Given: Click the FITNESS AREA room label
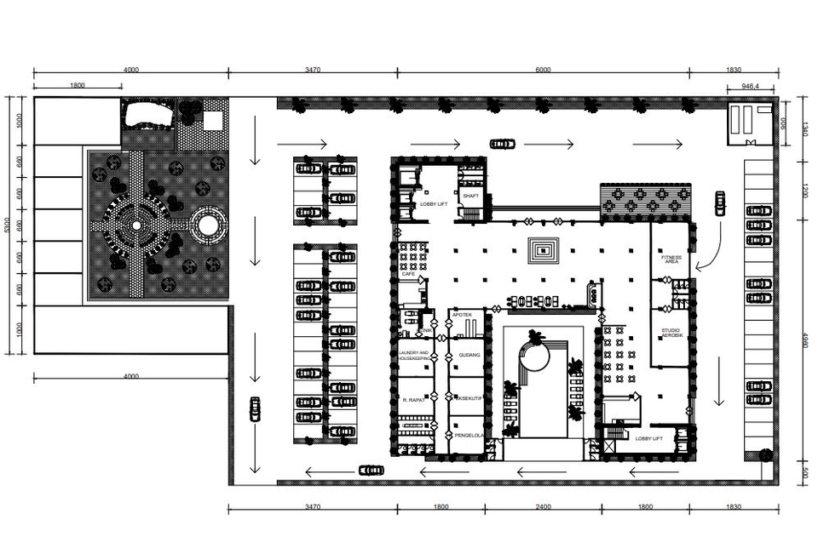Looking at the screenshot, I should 671,260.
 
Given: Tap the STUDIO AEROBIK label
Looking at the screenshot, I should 671,334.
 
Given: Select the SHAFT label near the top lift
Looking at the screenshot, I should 471,196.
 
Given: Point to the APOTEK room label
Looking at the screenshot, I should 462,315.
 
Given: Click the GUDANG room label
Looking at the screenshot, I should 469,355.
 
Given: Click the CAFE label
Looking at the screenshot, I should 408,274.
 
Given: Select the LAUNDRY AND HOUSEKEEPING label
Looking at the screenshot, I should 414,355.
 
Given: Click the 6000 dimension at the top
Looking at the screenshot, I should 543,70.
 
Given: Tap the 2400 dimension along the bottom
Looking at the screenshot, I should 543,507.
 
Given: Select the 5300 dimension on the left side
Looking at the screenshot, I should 8,225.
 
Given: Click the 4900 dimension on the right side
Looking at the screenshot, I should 804,340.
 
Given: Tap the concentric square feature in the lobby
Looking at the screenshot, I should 543,249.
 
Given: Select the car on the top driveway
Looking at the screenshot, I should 502,144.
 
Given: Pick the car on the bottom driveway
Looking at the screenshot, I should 371,470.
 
